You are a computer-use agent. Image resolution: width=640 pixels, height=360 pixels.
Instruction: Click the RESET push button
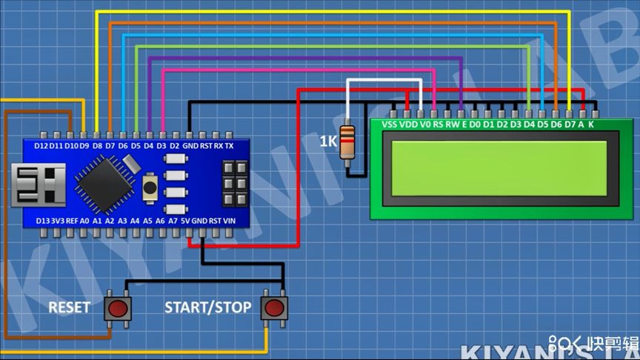[x=118, y=307]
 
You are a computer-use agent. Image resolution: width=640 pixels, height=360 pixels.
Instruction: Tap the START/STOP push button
[x=273, y=307]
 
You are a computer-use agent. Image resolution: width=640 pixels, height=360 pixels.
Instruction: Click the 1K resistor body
[x=347, y=141]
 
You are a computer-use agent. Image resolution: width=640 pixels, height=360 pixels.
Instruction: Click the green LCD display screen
[x=499, y=168]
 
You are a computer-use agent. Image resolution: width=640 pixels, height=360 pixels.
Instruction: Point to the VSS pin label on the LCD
[x=390, y=124]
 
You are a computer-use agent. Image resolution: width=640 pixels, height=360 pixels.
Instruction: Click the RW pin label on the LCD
[x=452, y=124]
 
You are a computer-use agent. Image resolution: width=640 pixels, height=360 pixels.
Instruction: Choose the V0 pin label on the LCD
[x=424, y=124]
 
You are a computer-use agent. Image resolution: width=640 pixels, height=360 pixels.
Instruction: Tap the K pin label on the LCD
[x=591, y=124]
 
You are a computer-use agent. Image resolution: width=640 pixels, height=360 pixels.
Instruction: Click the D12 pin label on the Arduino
[x=41, y=146]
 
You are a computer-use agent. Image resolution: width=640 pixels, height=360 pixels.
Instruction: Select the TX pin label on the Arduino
[x=229, y=146]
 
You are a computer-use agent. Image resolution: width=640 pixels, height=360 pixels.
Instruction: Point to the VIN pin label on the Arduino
[x=229, y=221]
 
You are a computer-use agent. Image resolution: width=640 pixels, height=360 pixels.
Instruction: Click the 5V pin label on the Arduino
[x=185, y=221]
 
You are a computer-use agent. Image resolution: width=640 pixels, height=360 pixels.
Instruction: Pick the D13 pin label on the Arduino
[x=44, y=221]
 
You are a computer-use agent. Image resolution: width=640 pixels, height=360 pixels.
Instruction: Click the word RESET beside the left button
[x=69, y=307]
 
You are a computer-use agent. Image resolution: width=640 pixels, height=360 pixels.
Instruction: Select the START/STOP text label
[x=207, y=307]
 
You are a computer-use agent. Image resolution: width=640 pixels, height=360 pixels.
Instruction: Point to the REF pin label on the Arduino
[x=72, y=221]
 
